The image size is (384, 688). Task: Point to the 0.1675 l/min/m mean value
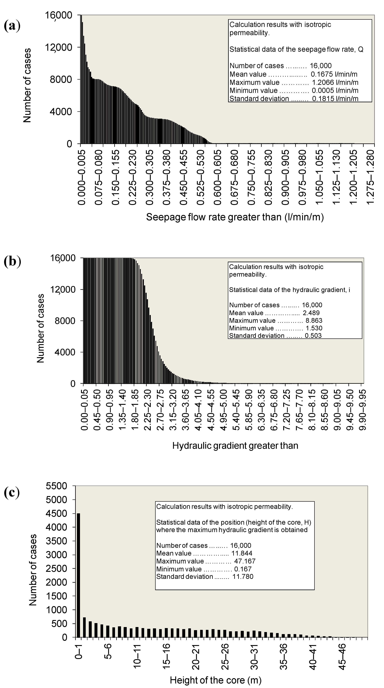(334, 74)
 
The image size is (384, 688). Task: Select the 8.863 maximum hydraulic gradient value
(314, 321)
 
